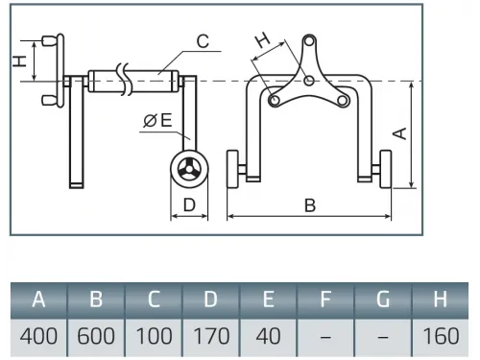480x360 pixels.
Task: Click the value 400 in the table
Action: coord(38,336)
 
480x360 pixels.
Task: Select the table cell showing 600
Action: coord(96,336)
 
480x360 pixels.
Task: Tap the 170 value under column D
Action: coord(211,336)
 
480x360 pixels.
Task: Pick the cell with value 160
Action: coord(441,336)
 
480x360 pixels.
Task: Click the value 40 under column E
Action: coord(268,336)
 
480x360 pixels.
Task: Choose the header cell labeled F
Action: coord(325,300)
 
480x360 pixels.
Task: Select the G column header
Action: coord(383,300)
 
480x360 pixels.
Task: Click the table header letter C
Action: coord(154,300)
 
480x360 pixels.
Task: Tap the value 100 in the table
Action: coord(154,336)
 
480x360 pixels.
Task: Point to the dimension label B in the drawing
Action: coord(310,205)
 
